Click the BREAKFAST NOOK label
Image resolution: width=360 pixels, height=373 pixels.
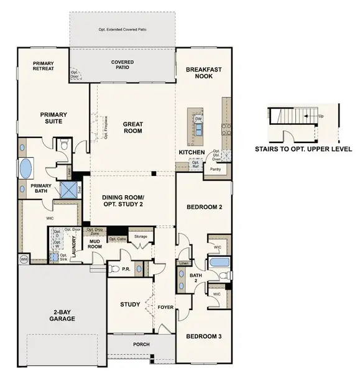click(x=203, y=74)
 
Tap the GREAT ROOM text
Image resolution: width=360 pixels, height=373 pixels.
click(x=132, y=127)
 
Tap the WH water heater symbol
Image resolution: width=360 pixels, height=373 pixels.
click(x=24, y=259)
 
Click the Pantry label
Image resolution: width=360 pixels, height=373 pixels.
click(x=216, y=168)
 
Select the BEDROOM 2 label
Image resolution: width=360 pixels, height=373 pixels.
click(x=204, y=207)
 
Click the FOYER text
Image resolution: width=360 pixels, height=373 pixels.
click(x=165, y=307)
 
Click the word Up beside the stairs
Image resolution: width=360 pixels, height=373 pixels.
click(x=321, y=116)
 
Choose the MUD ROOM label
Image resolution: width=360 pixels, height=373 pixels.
click(x=95, y=244)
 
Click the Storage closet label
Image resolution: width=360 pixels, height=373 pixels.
click(x=141, y=237)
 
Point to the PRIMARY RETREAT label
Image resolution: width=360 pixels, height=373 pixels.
click(x=44, y=65)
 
